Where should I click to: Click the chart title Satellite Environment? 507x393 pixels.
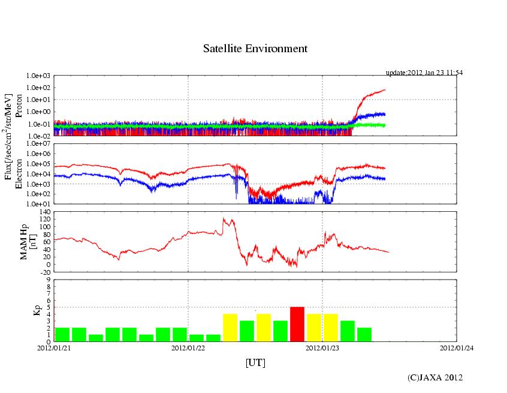pos(255,49)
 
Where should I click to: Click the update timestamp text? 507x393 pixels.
pos(424,73)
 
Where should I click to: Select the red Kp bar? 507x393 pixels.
pos(297,324)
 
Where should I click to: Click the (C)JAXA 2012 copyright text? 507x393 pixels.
pos(435,377)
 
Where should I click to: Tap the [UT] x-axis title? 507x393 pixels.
pos(255,362)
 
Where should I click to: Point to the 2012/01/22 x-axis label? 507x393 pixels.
pos(188,347)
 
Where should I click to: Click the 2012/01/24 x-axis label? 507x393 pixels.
pos(457,347)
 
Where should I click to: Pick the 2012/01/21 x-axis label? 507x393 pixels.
pos(54,347)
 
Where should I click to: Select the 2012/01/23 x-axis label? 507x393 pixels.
pos(322,347)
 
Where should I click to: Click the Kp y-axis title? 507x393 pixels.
pos(23,310)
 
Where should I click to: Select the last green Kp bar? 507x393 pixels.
pos(364,334)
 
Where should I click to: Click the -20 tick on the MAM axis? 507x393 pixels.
pos(44,272)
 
